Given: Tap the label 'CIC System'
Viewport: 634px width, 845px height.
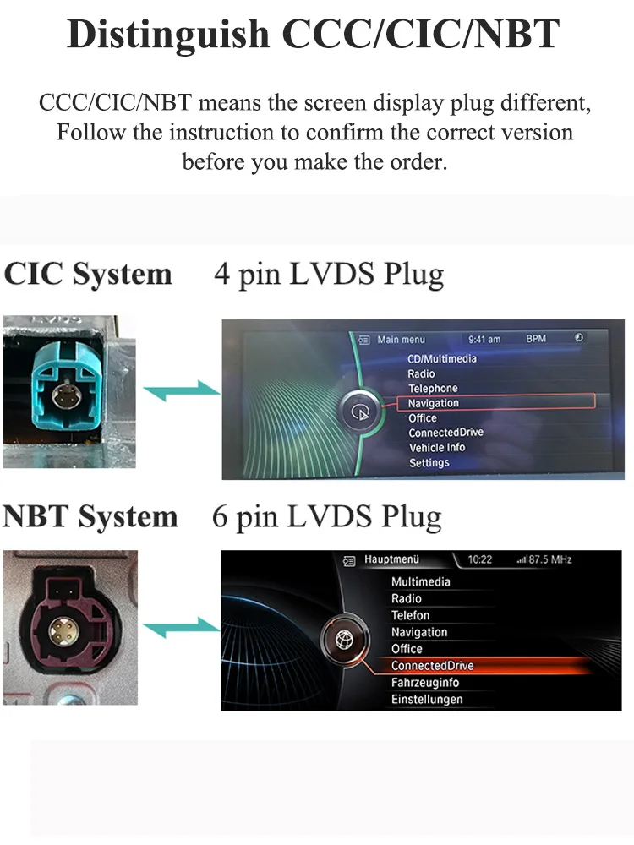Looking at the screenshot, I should (88, 275).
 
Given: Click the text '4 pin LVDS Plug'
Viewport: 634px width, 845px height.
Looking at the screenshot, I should (329, 275).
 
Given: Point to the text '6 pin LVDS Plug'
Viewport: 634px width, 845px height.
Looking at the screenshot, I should (327, 517).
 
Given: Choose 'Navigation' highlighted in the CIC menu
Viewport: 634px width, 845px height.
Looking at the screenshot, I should (433, 403).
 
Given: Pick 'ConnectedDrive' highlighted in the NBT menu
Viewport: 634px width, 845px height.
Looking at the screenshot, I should (432, 666).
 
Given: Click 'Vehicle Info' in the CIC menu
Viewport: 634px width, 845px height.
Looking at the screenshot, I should (437, 448).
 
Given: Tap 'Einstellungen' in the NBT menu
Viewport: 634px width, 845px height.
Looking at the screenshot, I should (427, 700).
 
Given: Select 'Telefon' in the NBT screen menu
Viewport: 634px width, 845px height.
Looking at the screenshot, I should (410, 615).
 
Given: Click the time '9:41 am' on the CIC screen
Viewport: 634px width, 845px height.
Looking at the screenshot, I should (484, 340).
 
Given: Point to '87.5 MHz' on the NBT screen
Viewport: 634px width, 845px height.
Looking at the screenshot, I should (550, 560).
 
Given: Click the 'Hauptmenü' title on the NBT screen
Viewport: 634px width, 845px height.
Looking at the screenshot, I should (391, 559).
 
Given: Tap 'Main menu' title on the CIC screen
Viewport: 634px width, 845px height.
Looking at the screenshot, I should (401, 340).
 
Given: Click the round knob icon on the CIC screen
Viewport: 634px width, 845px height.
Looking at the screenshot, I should (359, 412).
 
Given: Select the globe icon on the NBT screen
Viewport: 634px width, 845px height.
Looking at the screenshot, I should (344, 640).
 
